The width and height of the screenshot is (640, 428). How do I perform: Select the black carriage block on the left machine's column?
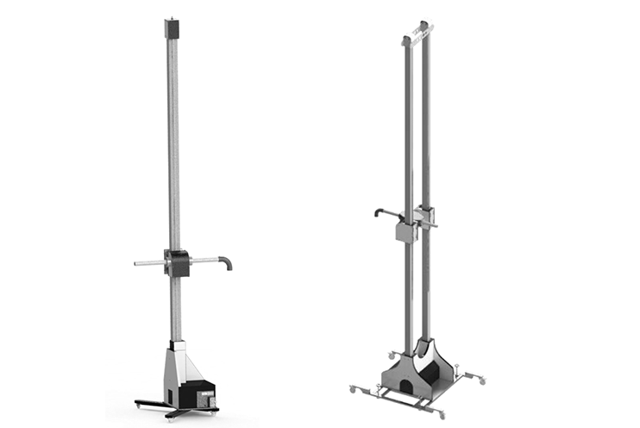pyautogui.click(x=177, y=262)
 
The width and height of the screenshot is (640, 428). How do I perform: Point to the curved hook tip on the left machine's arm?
pyautogui.click(x=229, y=264)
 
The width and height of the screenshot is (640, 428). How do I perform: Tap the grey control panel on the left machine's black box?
pyautogui.click(x=207, y=398)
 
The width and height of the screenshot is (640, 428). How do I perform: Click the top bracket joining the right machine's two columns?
pyautogui.click(x=414, y=36)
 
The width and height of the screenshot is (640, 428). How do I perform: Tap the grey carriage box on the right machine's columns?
pyautogui.click(x=406, y=231)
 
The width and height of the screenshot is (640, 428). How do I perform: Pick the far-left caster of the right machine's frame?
pyautogui.click(x=353, y=389)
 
